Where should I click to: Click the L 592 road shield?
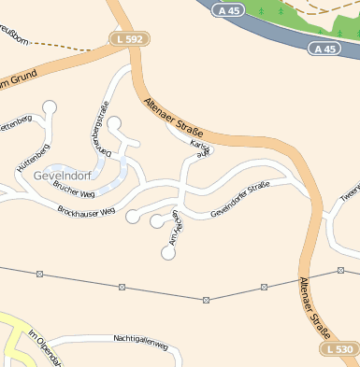click(x=130, y=39)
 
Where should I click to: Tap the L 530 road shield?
click(x=341, y=348)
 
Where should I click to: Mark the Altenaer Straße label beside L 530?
click(x=316, y=307)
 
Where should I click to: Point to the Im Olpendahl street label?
click(x=43, y=349)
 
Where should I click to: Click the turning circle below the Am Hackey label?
click(x=168, y=252)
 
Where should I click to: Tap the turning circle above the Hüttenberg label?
click(x=50, y=107)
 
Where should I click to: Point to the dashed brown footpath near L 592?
click(x=65, y=44)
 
